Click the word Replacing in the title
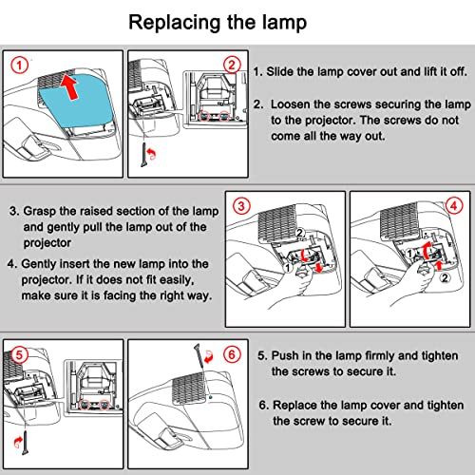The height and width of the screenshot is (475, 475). (x=175, y=23)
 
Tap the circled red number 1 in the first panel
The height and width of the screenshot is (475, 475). (x=20, y=66)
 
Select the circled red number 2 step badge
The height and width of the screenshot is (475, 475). (x=232, y=66)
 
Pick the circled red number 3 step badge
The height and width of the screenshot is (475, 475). (x=241, y=206)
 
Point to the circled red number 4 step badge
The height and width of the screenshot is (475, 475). (x=454, y=206)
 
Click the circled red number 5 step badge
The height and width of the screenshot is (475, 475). (x=19, y=354)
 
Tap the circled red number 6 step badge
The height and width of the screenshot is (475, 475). (x=232, y=354)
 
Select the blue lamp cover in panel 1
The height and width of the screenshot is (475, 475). (x=75, y=100)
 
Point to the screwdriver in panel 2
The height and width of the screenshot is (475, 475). (x=144, y=155)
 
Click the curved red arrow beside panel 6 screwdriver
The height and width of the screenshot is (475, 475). (x=209, y=357)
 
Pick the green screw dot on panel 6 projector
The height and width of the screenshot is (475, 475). (x=210, y=397)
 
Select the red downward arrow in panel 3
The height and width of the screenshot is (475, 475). (x=319, y=267)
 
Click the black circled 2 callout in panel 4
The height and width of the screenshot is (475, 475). (x=445, y=278)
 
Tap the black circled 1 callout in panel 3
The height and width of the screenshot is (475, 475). (x=288, y=268)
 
